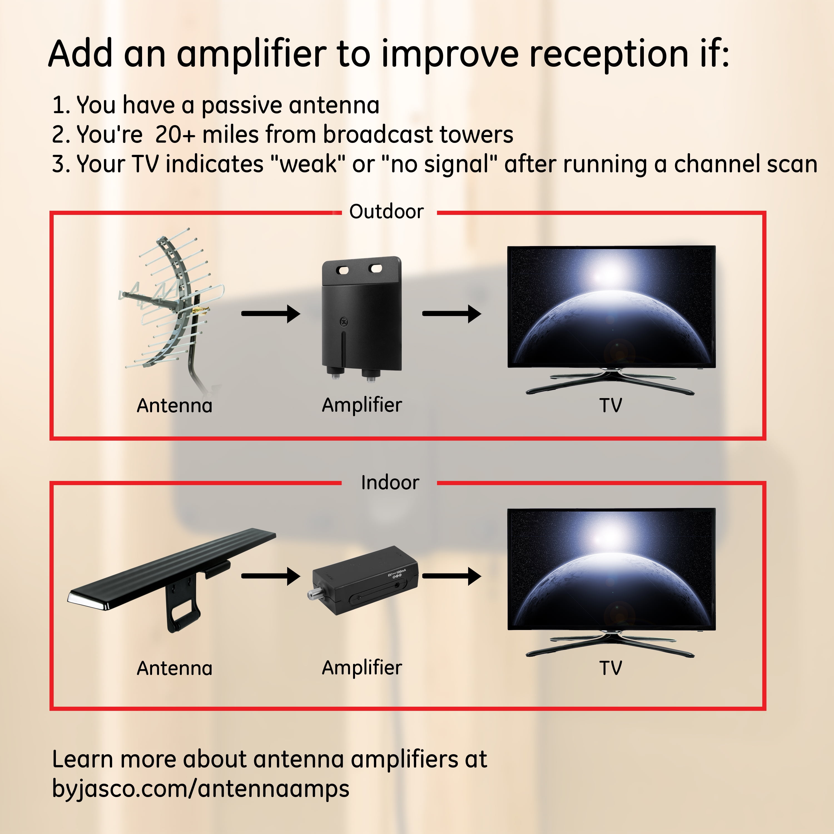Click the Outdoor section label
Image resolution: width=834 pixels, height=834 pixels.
click(x=386, y=212)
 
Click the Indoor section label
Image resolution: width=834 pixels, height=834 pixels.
click(x=390, y=483)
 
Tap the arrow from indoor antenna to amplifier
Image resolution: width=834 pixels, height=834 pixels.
click(x=271, y=576)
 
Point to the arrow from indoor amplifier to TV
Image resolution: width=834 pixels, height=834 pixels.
click(x=451, y=576)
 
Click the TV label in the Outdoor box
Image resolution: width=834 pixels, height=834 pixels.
click(x=610, y=405)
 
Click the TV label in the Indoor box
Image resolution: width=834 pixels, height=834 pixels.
click(x=610, y=668)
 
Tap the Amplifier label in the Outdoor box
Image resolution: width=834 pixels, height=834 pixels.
click(x=362, y=405)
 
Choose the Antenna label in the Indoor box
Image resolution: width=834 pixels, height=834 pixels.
click(x=174, y=668)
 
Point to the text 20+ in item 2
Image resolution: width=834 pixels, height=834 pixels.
click(x=175, y=134)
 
